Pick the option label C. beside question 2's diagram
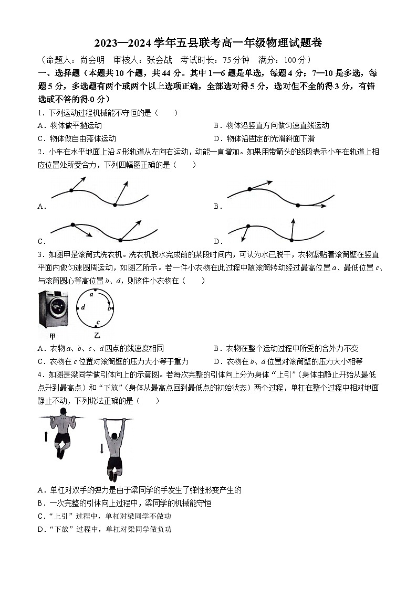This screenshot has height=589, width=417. [42, 241]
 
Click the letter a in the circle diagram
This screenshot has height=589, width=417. [91, 295]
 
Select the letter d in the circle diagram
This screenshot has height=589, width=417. [83, 307]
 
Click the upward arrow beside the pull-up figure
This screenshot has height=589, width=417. [45, 436]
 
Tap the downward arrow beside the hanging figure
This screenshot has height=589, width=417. [101, 448]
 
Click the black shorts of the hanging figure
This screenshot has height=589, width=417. [114, 464]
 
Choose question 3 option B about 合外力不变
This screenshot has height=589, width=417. [292, 348]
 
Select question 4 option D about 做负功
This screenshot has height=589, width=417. [105, 529]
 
